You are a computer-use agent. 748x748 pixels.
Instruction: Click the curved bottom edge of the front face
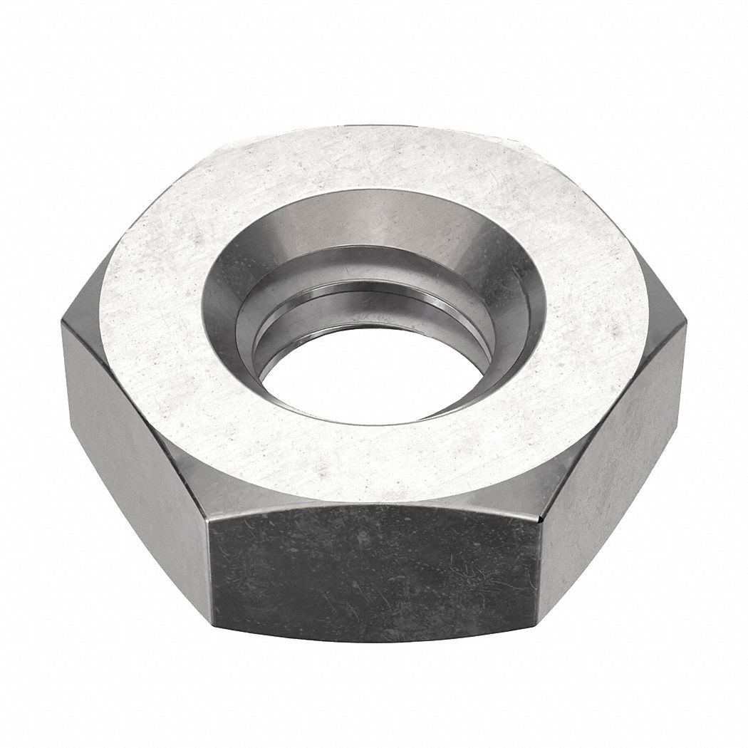(x=374, y=639)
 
